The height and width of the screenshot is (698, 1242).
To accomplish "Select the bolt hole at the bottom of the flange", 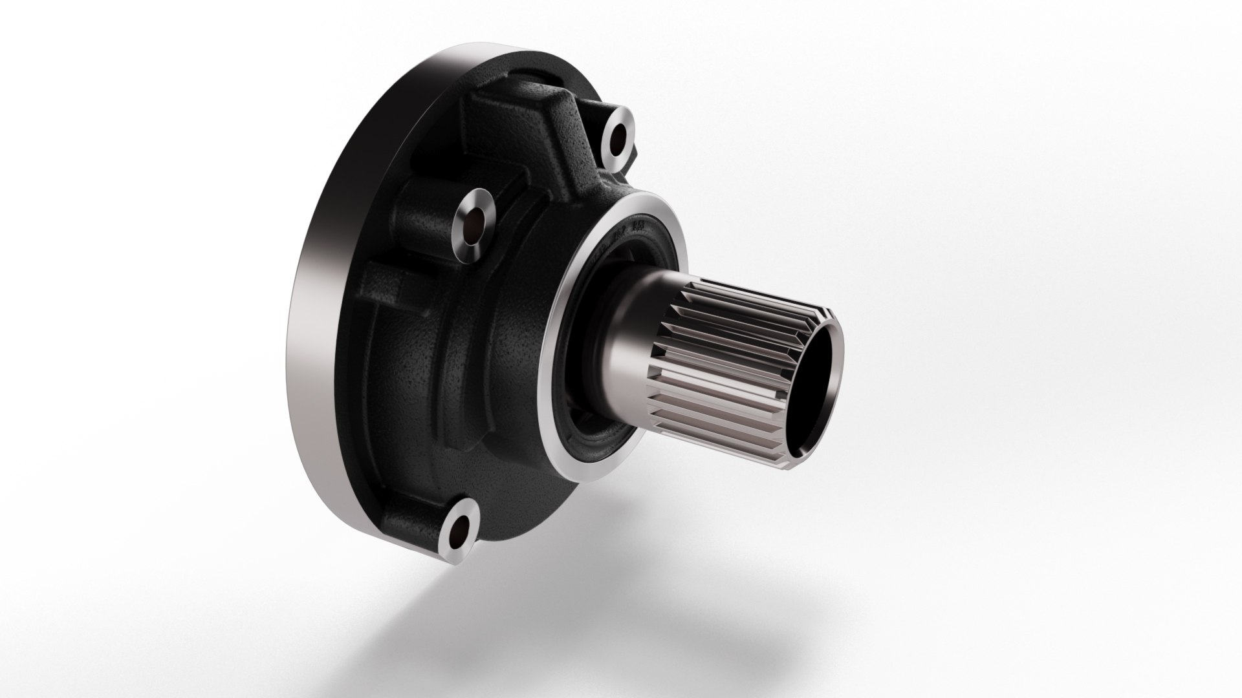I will click(461, 516).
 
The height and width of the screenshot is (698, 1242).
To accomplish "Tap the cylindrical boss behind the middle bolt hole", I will click(420, 213).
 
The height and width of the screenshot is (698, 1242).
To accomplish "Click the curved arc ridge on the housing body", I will click(453, 362).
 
